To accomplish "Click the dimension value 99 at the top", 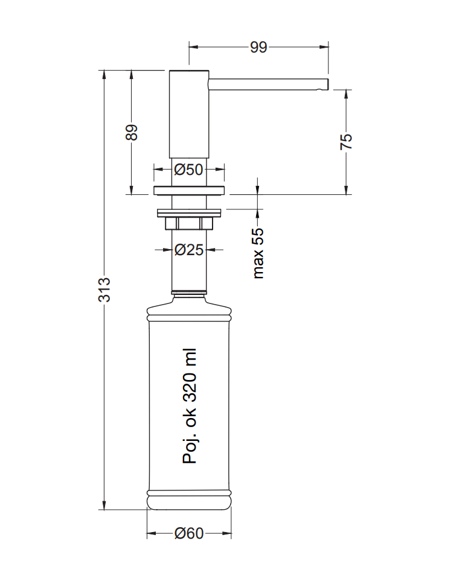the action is pos(258,47).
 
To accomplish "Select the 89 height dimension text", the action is pos(132,132).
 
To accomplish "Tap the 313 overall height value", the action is pos(104,290).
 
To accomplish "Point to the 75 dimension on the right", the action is pos(346,141).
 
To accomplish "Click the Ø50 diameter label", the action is pos(188,169).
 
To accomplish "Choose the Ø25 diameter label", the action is pos(189,249).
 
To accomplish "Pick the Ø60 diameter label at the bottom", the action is pos(189,533).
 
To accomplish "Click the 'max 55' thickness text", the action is pos(258,253).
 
